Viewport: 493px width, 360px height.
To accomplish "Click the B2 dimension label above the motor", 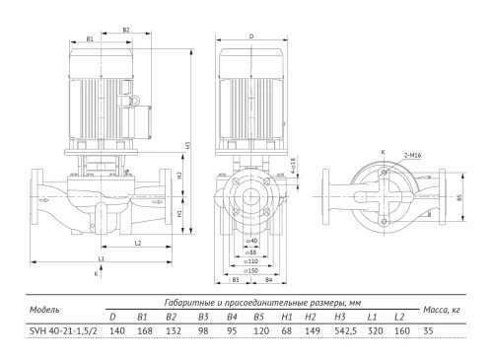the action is point(126,30).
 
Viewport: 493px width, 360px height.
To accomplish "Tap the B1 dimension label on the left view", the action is point(90,38).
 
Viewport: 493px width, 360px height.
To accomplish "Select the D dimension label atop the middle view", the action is point(251,36).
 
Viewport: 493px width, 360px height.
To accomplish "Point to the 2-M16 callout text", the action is point(412,155).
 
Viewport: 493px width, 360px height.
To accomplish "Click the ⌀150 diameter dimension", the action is point(251,270).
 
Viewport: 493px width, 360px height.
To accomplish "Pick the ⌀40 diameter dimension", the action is point(251,241).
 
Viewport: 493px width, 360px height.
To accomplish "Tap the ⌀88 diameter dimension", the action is point(251,252).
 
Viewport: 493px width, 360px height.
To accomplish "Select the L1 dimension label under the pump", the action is point(102,258).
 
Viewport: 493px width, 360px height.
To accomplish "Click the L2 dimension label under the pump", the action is point(138,243).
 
